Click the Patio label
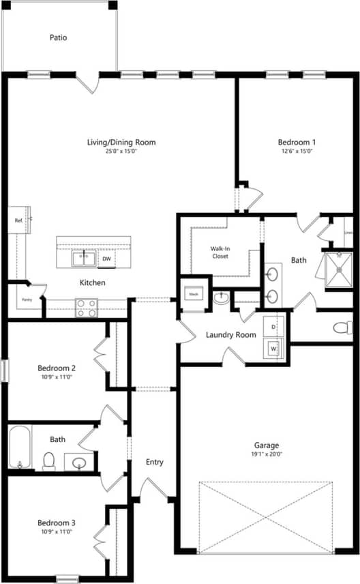[x=58, y=38]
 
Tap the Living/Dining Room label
[x=121, y=143]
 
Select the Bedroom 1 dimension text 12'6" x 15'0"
[x=296, y=151]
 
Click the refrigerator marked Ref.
[x=18, y=220]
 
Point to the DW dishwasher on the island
[x=107, y=259]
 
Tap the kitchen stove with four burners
[x=86, y=308]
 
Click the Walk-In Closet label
[x=220, y=252]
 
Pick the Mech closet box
[x=194, y=295]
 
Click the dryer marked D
[x=273, y=327]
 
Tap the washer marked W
[x=273, y=349]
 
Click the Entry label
[x=155, y=462]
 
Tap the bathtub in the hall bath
[x=19, y=447]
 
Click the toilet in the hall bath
[x=49, y=461]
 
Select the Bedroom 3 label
[x=57, y=523]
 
